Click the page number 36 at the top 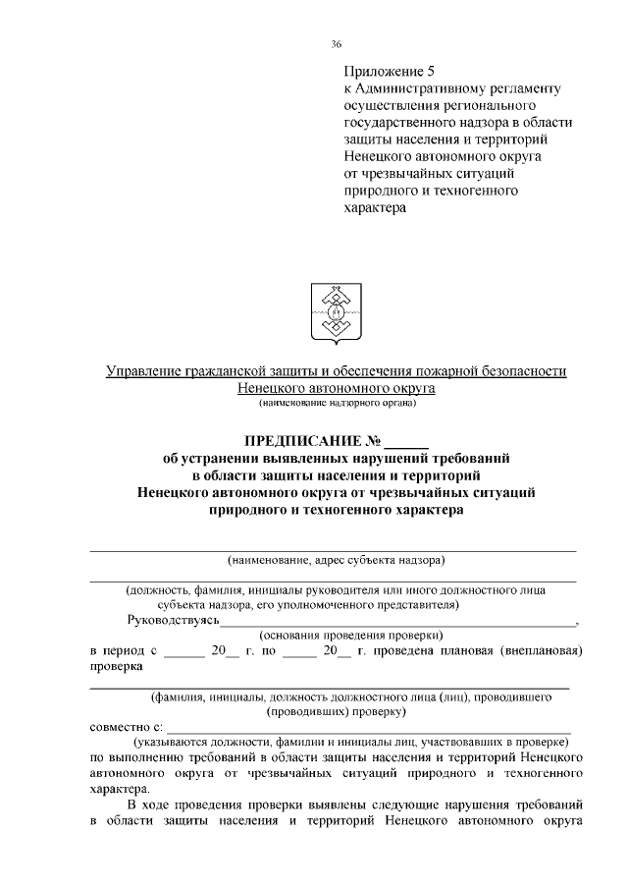(337, 43)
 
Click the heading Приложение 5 (388, 71)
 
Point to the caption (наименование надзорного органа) (338, 403)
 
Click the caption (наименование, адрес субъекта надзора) (337, 561)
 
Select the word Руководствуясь (173, 621)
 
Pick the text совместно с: (126, 728)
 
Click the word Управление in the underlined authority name (142, 370)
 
